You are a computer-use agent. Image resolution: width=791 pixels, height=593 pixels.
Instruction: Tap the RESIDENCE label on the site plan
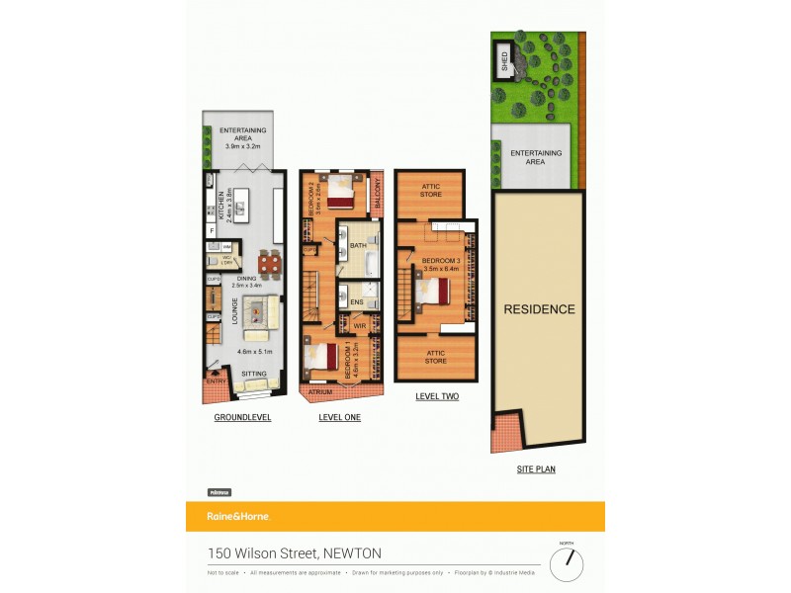[x=539, y=309]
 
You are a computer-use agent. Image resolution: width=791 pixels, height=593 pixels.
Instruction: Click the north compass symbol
[x=567, y=564]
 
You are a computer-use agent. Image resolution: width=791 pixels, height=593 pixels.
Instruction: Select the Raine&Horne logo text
[x=237, y=516]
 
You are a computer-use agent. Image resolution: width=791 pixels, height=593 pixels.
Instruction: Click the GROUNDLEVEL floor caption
[x=242, y=418]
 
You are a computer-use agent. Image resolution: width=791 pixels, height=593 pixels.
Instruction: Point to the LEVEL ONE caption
[x=339, y=418]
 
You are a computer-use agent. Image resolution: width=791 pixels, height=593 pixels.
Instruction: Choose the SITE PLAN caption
[x=536, y=469]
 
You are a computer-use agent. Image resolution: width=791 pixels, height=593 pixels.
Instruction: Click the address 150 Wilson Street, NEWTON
[x=294, y=553]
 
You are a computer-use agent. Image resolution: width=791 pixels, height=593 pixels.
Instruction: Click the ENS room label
[x=357, y=301]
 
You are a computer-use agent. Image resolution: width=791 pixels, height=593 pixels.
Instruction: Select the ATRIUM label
[x=319, y=392]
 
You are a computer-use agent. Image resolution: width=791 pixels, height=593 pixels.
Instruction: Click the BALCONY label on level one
[x=377, y=192]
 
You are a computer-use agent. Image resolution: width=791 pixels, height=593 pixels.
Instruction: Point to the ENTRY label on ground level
[x=216, y=381]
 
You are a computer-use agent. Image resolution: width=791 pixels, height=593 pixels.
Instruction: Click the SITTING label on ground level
[x=254, y=374]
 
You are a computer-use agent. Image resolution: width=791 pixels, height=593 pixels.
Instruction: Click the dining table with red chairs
[x=269, y=264]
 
